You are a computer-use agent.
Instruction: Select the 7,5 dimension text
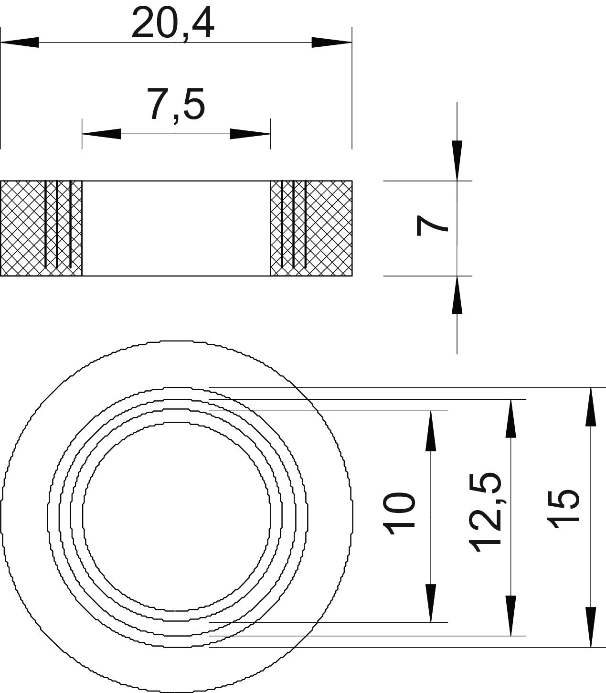tap(176, 104)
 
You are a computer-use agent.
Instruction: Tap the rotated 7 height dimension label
tap(433, 225)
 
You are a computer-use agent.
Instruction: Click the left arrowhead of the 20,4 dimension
tap(20, 43)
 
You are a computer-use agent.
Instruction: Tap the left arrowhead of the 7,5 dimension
tap(101, 134)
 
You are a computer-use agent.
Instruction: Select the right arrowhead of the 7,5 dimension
tap(251, 134)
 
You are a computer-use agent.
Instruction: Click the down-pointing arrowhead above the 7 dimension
tap(457, 160)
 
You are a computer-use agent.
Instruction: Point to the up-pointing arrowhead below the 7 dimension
tap(457, 295)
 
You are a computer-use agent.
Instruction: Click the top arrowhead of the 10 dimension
tap(431, 431)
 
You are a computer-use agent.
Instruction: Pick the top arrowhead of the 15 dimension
tap(591, 406)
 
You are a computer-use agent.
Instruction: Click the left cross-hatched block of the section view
tap(41, 228)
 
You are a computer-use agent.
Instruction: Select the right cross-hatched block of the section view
tap(311, 228)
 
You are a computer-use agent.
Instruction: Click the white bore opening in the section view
tap(176, 228)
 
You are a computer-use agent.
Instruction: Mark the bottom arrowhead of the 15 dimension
tap(591, 628)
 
